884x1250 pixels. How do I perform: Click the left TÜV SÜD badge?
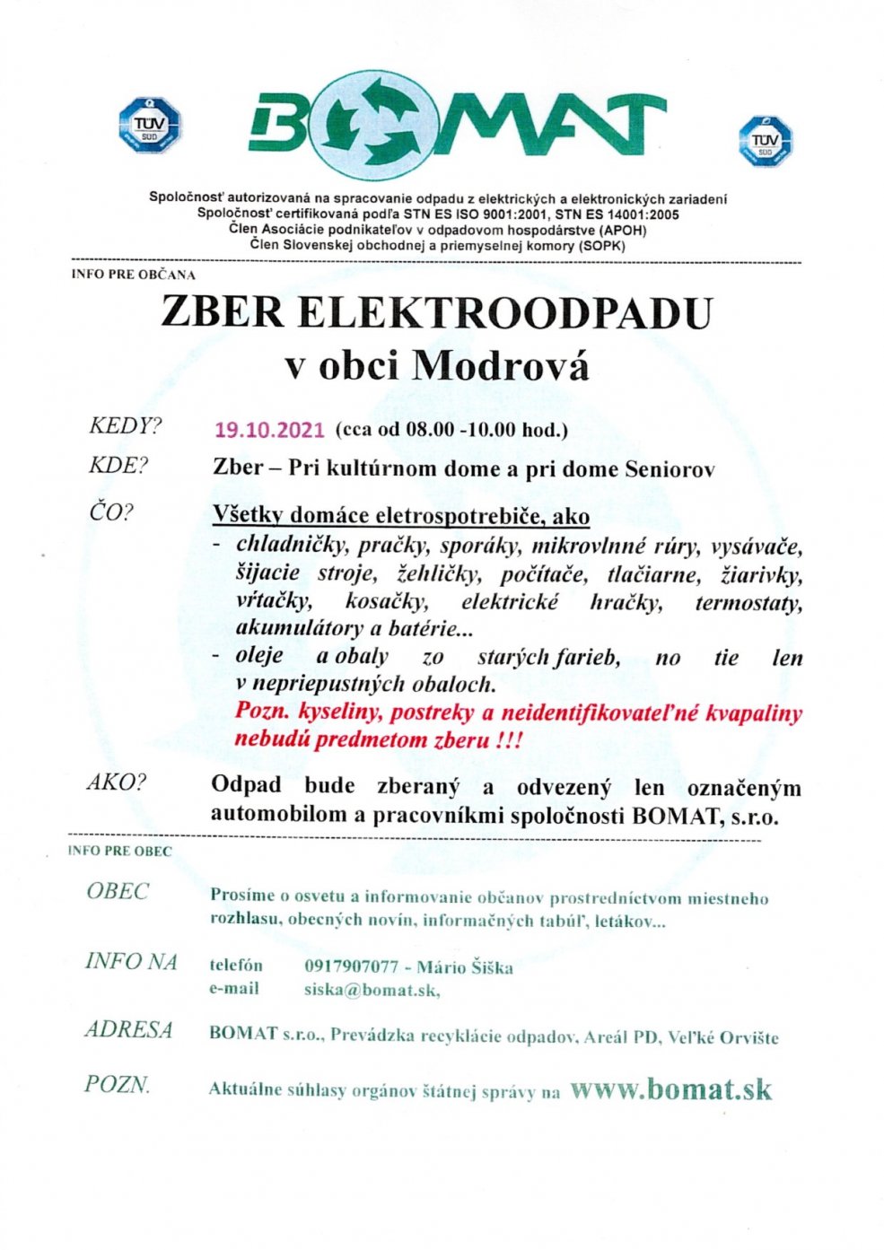(x=150, y=124)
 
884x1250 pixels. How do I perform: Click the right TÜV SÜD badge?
(x=765, y=142)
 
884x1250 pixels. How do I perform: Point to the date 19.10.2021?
(x=269, y=430)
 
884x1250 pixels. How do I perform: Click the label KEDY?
(x=125, y=425)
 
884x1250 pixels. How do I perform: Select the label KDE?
(x=118, y=466)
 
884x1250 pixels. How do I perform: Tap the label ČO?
(x=110, y=512)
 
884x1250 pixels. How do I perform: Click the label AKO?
(x=116, y=782)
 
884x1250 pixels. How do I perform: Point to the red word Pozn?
(x=261, y=712)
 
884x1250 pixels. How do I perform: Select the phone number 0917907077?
(x=351, y=966)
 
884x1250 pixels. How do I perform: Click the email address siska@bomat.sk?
(x=372, y=990)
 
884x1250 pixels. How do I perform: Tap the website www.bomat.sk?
(x=670, y=1088)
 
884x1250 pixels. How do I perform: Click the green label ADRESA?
(x=128, y=1029)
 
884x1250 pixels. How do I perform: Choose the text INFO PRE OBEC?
(x=119, y=851)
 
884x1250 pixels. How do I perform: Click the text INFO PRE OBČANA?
(x=133, y=275)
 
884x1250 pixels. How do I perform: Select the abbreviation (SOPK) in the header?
(x=601, y=245)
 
